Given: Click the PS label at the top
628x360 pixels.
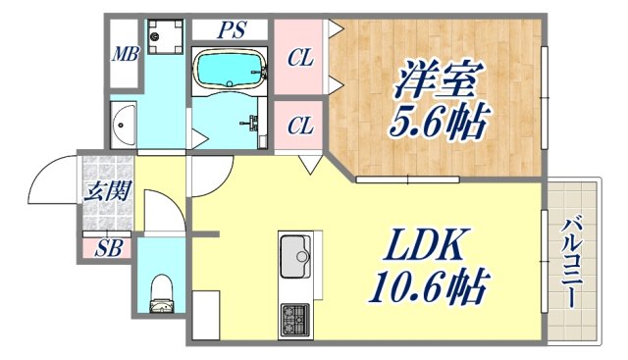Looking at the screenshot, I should tap(232, 30).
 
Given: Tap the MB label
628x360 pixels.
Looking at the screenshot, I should tap(124, 53).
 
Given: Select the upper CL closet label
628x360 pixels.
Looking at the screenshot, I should tap(300, 59).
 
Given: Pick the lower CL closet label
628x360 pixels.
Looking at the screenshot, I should tap(300, 126).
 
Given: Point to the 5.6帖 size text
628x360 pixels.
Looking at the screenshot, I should tap(430, 124).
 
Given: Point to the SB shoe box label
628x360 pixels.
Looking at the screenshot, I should tap(108, 248).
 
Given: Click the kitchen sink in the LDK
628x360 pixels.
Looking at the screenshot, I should tap(295, 259).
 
